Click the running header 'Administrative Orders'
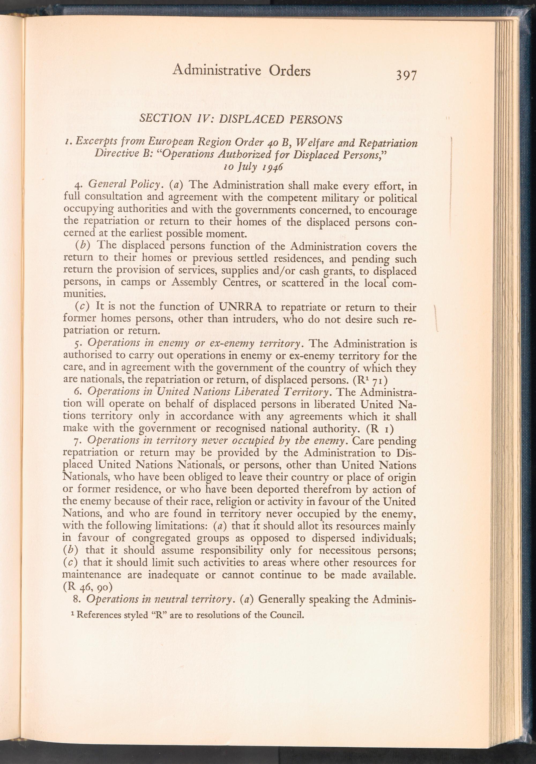click(x=242, y=71)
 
